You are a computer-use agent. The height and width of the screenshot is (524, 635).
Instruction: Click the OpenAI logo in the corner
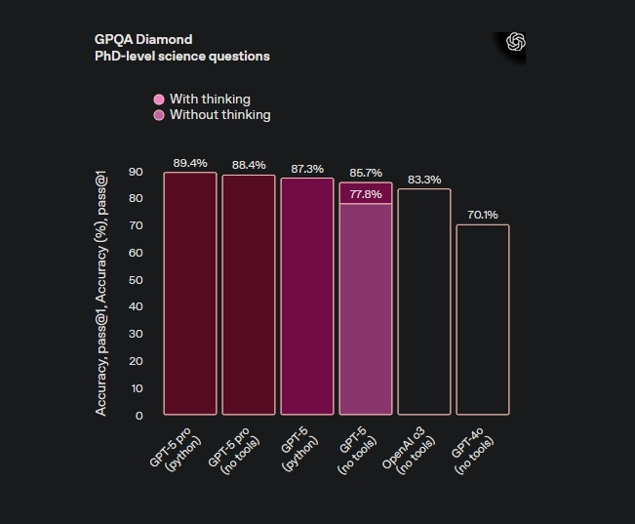click(516, 42)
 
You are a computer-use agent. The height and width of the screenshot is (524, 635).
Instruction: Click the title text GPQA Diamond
click(143, 39)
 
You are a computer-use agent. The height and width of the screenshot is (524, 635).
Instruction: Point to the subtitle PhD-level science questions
click(181, 56)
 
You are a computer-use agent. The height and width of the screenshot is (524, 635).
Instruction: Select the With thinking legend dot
click(159, 100)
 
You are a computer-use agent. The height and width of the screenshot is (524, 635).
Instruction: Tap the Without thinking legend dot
click(159, 115)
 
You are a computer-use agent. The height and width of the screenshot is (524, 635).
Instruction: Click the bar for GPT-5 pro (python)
click(190, 293)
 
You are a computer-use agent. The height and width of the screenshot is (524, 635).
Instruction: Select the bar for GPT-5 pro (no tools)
click(249, 293)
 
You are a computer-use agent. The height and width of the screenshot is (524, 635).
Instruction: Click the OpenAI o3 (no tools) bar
click(424, 302)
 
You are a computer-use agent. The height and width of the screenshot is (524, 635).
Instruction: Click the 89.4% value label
click(190, 163)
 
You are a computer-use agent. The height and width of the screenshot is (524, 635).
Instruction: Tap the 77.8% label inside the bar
click(366, 194)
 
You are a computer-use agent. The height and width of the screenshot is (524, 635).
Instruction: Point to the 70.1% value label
click(483, 215)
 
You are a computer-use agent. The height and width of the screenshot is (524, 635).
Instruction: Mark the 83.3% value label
click(424, 180)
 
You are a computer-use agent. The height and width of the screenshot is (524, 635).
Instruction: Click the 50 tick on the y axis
click(136, 280)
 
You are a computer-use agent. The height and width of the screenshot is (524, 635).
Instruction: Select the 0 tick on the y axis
click(139, 416)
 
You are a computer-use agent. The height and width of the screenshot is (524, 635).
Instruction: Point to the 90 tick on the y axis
click(136, 172)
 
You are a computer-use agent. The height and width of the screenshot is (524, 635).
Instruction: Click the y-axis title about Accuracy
click(101, 292)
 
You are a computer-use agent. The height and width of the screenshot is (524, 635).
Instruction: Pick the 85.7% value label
click(366, 173)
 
